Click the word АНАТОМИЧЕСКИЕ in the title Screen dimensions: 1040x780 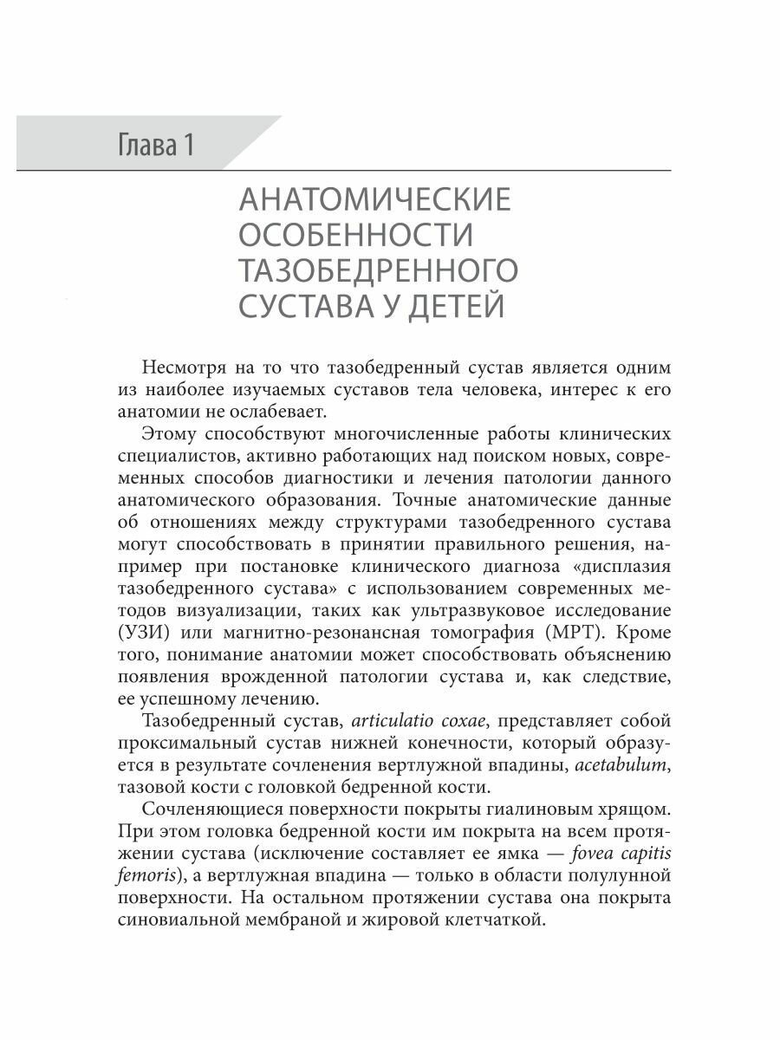[374, 201]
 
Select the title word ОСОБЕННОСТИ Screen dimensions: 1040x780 [354, 236]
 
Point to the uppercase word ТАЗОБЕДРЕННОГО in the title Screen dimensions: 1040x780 [377, 270]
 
